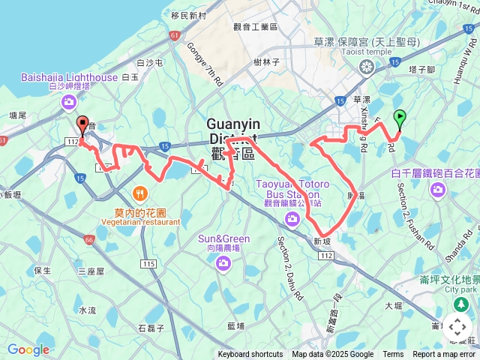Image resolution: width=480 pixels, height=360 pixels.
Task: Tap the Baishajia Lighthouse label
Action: click(69, 77)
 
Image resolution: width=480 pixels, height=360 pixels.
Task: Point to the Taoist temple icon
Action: click(367, 68)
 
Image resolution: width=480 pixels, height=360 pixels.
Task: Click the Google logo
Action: click(28, 350)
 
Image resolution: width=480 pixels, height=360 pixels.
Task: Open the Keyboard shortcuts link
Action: click(250, 355)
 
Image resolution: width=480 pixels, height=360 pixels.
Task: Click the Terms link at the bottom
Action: click(393, 355)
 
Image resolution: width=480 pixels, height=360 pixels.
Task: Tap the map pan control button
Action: click(457, 327)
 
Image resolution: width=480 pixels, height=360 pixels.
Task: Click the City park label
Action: click(460, 289)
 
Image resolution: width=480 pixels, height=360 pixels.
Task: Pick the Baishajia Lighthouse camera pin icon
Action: click(70, 101)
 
